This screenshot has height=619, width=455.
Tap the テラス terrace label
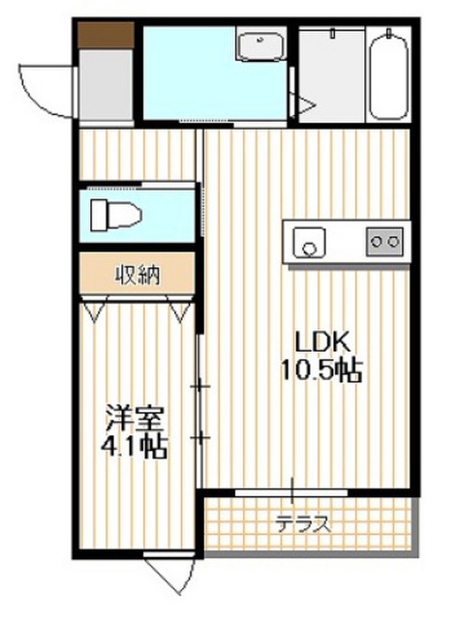[x=302, y=525]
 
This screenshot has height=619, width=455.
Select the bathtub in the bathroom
[x=390, y=74]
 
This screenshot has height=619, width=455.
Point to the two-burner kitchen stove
[x=385, y=240]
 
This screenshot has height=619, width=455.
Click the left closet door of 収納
[x=94, y=310]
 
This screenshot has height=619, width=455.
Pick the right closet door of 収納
[x=180, y=310]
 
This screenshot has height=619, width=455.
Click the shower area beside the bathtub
[x=328, y=74]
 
